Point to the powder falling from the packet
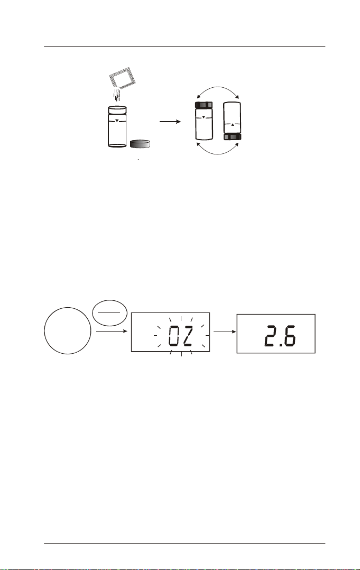click(x=117, y=95)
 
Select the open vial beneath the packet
click(x=117, y=126)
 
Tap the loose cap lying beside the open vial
click(x=140, y=144)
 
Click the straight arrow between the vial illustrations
click(x=170, y=122)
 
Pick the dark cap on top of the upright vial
click(x=204, y=105)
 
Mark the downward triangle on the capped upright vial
click(x=204, y=117)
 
